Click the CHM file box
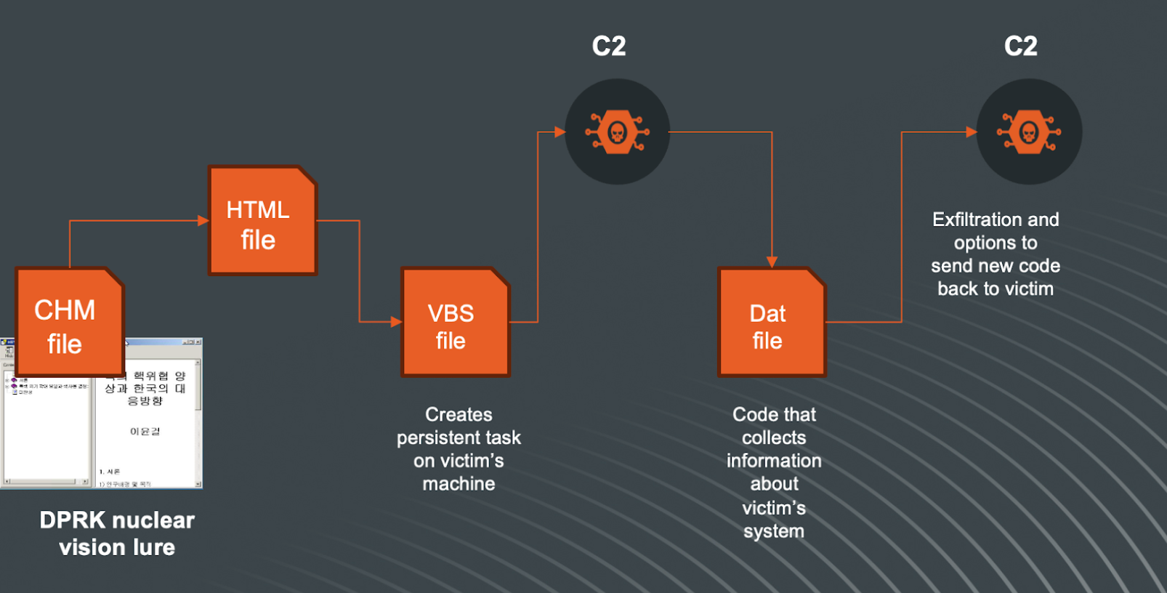tap(70, 322)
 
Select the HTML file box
tap(262, 220)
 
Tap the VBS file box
tap(455, 322)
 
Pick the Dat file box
tap(772, 322)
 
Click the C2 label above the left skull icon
tap(609, 47)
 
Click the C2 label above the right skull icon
tap(1021, 47)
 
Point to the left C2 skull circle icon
tap(617, 132)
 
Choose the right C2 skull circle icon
tap(1029, 132)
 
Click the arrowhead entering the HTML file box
tap(203, 220)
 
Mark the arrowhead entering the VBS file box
tap(396, 321)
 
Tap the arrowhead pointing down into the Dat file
tap(772, 262)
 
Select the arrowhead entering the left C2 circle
tap(560, 132)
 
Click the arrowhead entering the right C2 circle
tap(972, 132)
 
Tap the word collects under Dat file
tap(774, 437)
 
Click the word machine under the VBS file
tap(459, 484)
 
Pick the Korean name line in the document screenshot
tap(145, 432)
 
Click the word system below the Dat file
tap(774, 531)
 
